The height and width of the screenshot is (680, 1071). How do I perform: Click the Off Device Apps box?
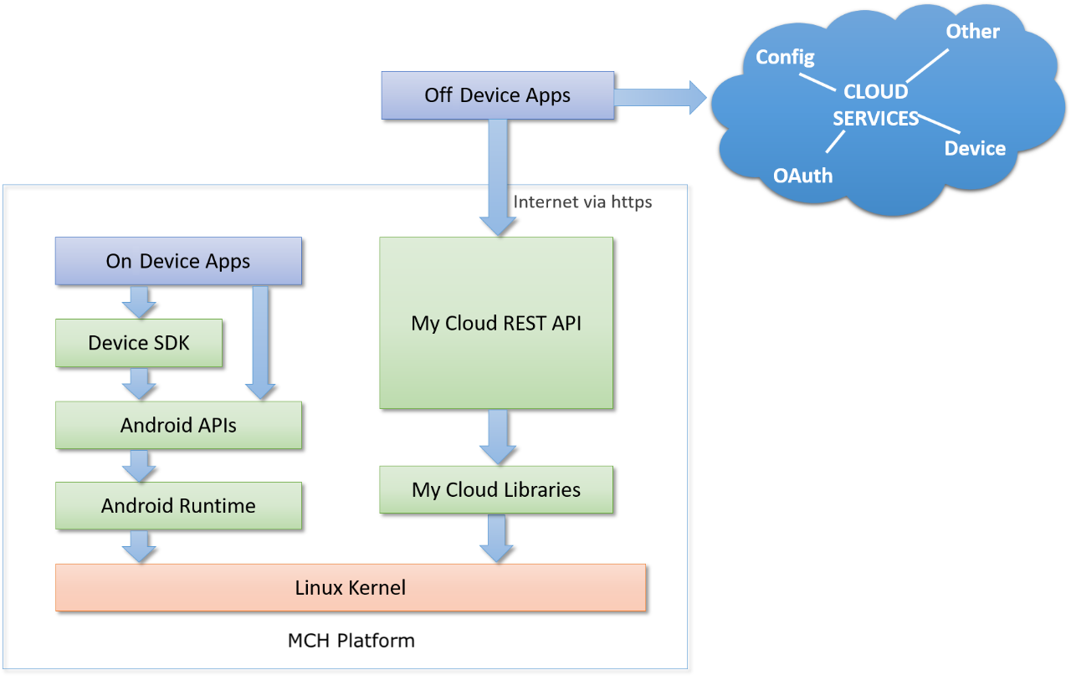pos(497,95)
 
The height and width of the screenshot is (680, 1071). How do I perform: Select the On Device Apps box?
pos(177,261)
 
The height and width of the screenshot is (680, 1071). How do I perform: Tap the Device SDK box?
pos(139,343)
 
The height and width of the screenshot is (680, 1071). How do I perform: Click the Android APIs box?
pos(178,425)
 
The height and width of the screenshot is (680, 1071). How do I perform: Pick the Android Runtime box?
pos(178,505)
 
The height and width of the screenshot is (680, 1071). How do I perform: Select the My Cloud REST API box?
pos(496,323)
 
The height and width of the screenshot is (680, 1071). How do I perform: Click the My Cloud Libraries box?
pos(496,489)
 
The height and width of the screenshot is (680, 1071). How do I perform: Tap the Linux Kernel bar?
pos(350,587)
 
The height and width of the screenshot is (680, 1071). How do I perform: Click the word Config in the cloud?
pos(785,57)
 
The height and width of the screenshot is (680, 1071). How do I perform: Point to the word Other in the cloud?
pos(972,32)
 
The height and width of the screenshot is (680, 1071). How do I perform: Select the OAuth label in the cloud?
pos(802,176)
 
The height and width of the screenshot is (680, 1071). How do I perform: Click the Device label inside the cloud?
pos(975,148)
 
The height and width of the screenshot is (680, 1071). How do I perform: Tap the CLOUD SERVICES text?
pos(875,105)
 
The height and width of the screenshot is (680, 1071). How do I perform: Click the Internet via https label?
pos(582,202)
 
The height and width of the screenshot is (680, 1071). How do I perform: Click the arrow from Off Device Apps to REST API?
pos(497,176)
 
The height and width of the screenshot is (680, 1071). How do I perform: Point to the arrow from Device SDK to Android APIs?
pos(139,383)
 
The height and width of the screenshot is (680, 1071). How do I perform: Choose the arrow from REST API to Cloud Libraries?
pos(497,436)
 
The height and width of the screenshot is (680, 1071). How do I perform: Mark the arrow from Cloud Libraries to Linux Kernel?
pos(497,537)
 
